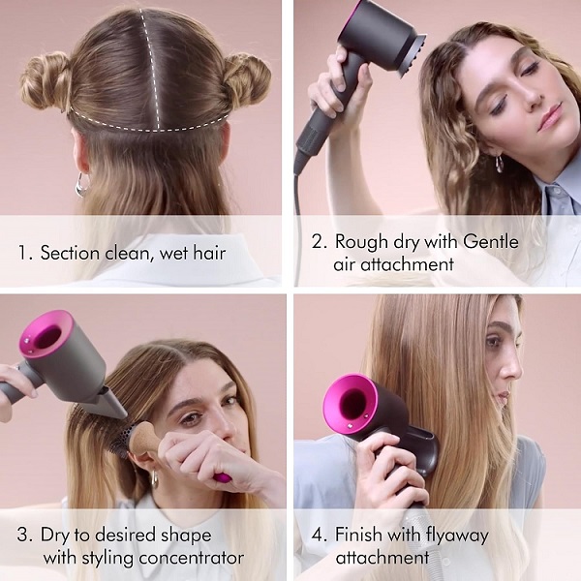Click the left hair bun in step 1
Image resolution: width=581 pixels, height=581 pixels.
[x=46, y=81]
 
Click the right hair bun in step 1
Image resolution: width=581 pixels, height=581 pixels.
[x=246, y=79]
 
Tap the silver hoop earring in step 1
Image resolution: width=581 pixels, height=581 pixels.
[x=82, y=184]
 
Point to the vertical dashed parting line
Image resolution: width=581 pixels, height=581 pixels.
[x=151, y=69]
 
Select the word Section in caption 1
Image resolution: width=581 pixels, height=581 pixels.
[x=70, y=253]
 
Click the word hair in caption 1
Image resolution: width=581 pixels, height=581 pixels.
[x=209, y=253]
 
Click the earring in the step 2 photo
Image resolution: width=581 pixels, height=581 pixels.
[x=500, y=164]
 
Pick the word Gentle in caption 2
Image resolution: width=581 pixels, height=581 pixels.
[x=490, y=241]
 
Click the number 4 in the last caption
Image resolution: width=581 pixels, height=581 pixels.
[x=318, y=535]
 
